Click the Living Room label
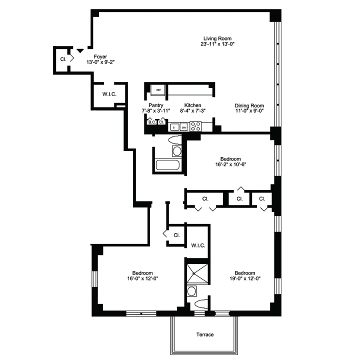[217, 38]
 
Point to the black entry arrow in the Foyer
[79, 51]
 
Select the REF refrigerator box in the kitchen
[158, 90]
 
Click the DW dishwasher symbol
[183, 127]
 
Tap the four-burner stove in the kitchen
[195, 126]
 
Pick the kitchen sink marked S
[174, 127]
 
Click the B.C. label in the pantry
[151, 121]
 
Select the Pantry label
[155, 105]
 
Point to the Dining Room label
[249, 105]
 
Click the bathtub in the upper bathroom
[169, 164]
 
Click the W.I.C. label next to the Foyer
[109, 94]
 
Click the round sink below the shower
[191, 291]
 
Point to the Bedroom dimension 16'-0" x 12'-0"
[142, 278]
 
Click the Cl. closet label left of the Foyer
[63, 59]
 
